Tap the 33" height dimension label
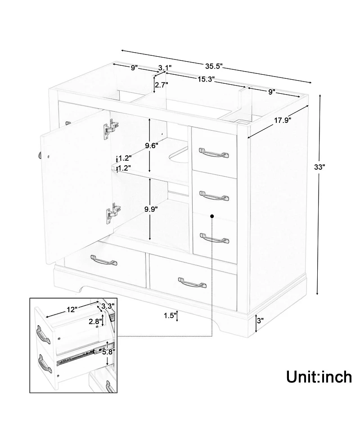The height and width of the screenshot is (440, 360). click(x=319, y=166)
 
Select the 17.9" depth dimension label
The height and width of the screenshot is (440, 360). click(x=282, y=120)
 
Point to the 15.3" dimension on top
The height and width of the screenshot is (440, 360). click(x=204, y=79)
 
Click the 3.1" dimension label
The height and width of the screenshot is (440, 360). click(x=165, y=68)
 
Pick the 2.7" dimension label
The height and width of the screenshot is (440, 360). click(x=162, y=85)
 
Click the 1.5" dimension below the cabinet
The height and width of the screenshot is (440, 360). click(x=169, y=316)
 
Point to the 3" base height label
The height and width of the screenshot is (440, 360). click(x=260, y=321)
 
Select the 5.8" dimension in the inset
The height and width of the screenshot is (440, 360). click(x=108, y=351)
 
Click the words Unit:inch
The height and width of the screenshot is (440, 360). click(x=319, y=376)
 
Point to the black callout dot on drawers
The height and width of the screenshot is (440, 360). click(x=212, y=217)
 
